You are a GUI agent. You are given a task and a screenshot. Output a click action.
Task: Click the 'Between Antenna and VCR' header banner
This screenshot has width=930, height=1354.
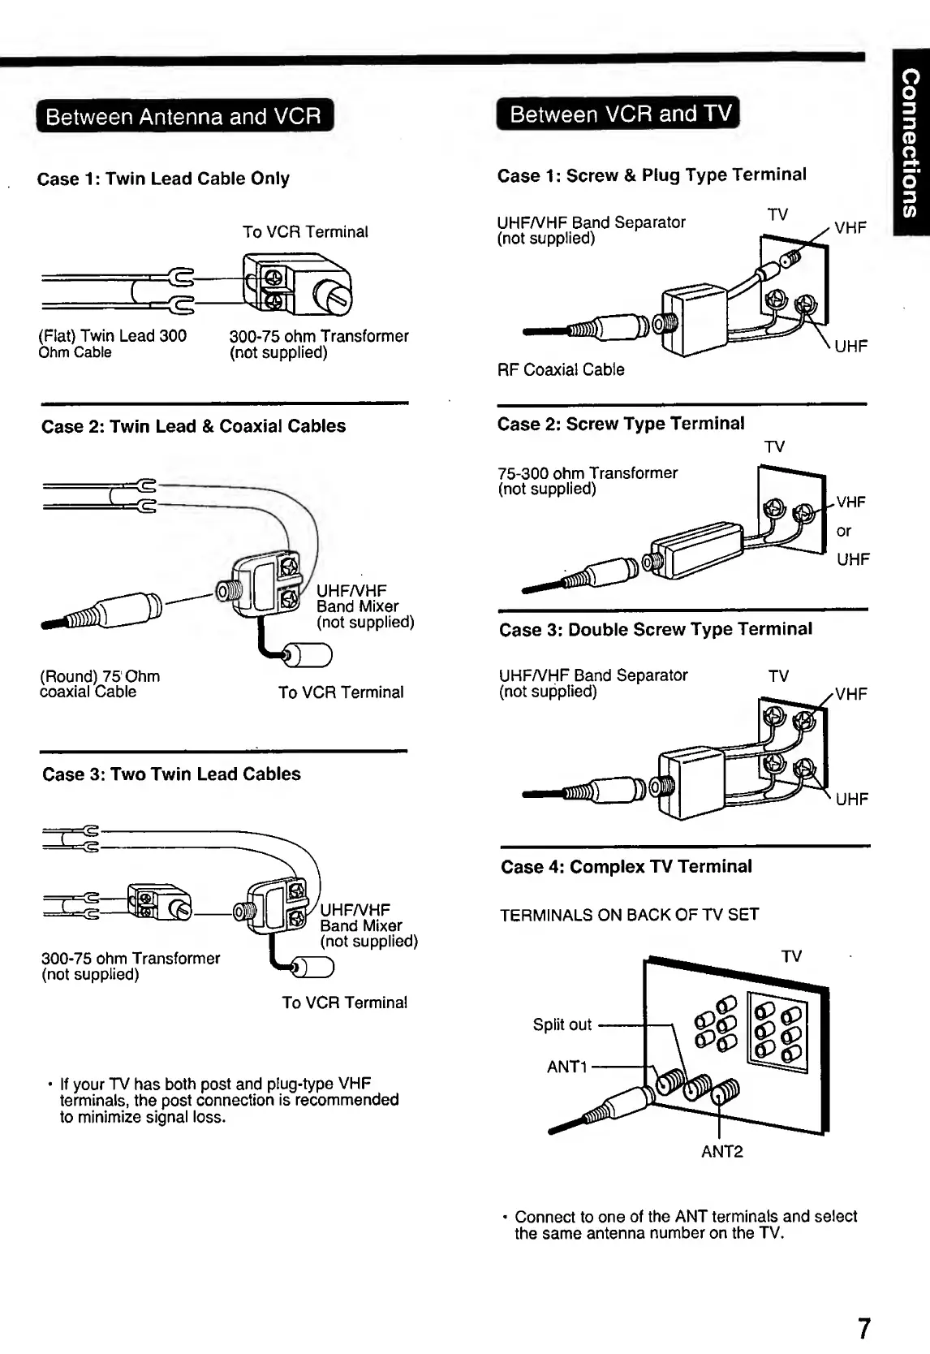click(x=183, y=116)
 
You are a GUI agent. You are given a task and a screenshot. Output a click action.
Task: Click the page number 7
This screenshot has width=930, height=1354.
click(x=863, y=1328)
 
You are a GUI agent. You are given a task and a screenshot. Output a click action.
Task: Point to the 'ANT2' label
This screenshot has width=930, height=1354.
click(x=721, y=1151)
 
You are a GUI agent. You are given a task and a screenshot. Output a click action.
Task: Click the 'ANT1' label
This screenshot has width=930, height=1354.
click(x=567, y=1067)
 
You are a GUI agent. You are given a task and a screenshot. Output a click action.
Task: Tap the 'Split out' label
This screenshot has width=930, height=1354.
click(x=562, y=1024)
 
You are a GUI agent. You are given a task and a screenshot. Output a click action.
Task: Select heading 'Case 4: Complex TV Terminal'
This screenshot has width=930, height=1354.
click(x=626, y=866)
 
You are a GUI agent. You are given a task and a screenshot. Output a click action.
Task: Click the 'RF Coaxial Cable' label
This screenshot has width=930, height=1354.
click(x=561, y=369)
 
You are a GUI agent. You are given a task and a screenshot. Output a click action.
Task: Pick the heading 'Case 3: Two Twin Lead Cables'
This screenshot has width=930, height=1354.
click(x=171, y=774)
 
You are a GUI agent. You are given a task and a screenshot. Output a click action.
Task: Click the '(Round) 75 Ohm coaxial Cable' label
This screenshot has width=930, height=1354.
click(x=99, y=683)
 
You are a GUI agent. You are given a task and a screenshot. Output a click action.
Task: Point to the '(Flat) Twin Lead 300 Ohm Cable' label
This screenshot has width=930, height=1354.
click(x=112, y=343)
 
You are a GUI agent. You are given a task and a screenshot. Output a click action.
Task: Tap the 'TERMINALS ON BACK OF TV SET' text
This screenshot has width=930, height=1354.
click(x=630, y=915)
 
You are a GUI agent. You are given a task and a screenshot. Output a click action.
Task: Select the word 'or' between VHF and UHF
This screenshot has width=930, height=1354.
click(x=844, y=531)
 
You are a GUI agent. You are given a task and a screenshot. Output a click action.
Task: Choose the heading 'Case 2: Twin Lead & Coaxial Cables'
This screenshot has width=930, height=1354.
click(x=193, y=425)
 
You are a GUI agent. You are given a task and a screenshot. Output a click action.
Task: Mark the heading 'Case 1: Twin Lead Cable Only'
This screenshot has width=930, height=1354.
click(x=163, y=178)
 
